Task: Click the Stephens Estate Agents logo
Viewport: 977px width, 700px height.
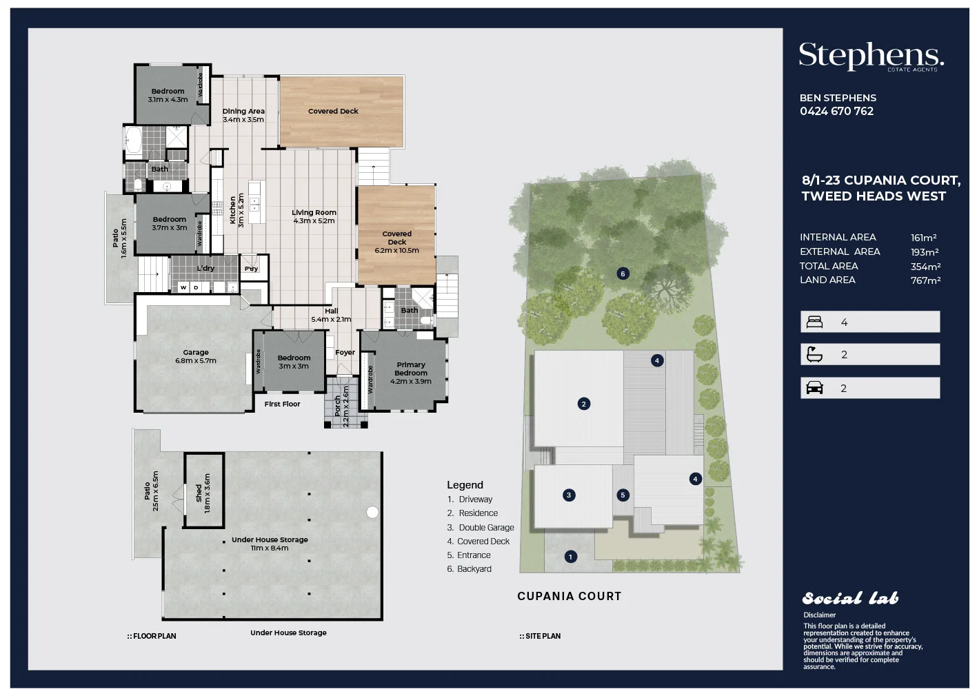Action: [x=871, y=56]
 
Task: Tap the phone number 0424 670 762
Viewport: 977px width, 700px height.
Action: [x=836, y=112]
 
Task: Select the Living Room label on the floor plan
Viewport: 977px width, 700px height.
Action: [x=314, y=216]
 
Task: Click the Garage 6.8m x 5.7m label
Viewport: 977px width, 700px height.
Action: [x=196, y=356]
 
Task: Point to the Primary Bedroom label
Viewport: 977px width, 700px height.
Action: [x=411, y=369]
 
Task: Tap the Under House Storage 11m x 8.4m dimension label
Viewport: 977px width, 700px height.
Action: [x=270, y=544]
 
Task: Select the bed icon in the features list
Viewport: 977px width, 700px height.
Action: [x=814, y=322]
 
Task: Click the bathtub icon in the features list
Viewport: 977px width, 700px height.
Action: [x=814, y=355]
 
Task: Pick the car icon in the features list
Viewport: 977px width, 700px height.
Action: [x=814, y=388]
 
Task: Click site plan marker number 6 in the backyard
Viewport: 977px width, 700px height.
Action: [x=623, y=274]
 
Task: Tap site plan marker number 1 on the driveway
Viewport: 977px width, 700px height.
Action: [x=570, y=557]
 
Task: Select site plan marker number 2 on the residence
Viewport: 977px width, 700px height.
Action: [x=583, y=404]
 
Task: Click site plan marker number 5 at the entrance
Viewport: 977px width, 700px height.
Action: [x=623, y=495]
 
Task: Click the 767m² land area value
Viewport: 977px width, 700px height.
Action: [x=925, y=280]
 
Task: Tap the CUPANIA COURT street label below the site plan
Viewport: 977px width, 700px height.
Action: [x=569, y=597]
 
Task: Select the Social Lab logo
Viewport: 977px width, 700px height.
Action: [x=850, y=598]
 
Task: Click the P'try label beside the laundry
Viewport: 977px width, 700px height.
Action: [x=252, y=269]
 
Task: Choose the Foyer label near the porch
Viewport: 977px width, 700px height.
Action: [x=345, y=353]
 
